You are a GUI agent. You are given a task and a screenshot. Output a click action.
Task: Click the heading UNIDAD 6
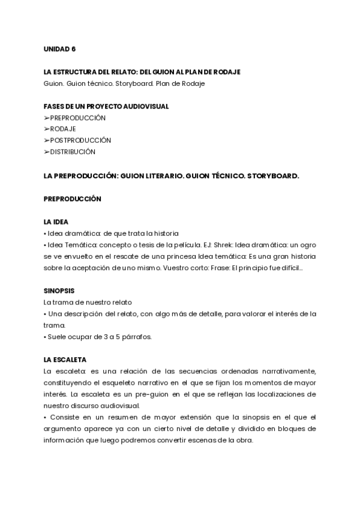coord(59,49)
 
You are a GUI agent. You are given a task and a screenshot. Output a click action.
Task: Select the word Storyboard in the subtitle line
coord(136,83)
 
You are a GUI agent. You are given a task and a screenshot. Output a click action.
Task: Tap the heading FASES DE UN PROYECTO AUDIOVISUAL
coord(106,106)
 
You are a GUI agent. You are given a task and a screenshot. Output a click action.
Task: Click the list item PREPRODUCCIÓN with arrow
coord(74,118)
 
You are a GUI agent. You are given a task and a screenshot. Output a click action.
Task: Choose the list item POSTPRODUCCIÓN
coord(77,140)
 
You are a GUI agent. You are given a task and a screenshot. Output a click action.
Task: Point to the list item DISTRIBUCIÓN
coord(70,152)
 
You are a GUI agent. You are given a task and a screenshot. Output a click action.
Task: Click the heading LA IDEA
coord(56,221)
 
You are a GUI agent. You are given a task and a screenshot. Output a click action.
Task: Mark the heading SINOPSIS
coord(59,291)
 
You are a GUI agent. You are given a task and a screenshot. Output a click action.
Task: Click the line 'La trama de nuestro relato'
coord(88,302)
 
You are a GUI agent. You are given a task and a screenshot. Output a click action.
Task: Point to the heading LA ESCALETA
coord(65,360)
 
